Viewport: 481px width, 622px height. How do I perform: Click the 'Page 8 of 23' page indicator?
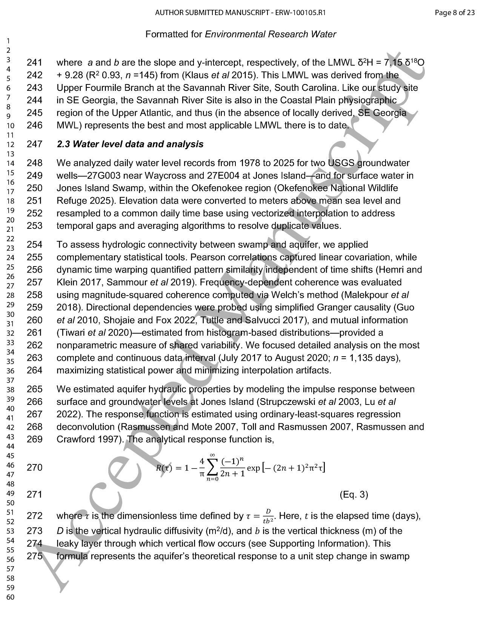[x=454, y=13]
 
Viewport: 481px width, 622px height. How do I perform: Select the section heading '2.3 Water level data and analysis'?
[x=130, y=144]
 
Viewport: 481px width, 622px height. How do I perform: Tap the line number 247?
[x=34, y=144]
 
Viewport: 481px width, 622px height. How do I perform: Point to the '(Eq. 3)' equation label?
[x=353, y=494]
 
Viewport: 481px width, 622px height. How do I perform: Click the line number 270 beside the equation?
[x=34, y=468]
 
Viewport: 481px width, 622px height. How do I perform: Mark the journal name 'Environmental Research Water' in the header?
[x=270, y=34]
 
